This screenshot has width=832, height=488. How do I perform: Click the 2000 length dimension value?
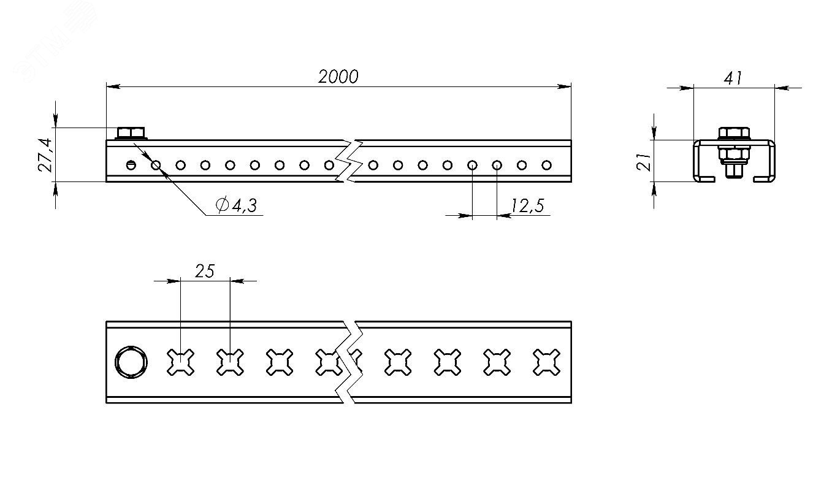pos(338,77)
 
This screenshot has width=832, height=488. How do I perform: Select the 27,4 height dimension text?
pos(46,155)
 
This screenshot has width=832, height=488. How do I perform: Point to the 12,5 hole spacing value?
pos(527,206)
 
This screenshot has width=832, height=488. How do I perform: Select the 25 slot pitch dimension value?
pos(205,270)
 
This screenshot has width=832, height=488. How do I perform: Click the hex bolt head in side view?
pos(130,132)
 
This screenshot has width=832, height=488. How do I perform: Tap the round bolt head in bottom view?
pos(131,362)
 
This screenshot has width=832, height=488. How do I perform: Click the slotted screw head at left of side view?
pos(131,164)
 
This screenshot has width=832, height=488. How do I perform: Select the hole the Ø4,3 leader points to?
pos(156,164)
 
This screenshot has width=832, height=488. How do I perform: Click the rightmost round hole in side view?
pos(546,164)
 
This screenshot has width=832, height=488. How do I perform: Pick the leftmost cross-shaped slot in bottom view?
pos(181,362)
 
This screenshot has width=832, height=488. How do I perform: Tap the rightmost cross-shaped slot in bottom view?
pos(546,362)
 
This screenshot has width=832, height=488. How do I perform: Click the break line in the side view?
pos(349,161)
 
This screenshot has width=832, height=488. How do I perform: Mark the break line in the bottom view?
pos(349,362)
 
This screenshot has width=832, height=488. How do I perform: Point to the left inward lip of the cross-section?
pos(706,179)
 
